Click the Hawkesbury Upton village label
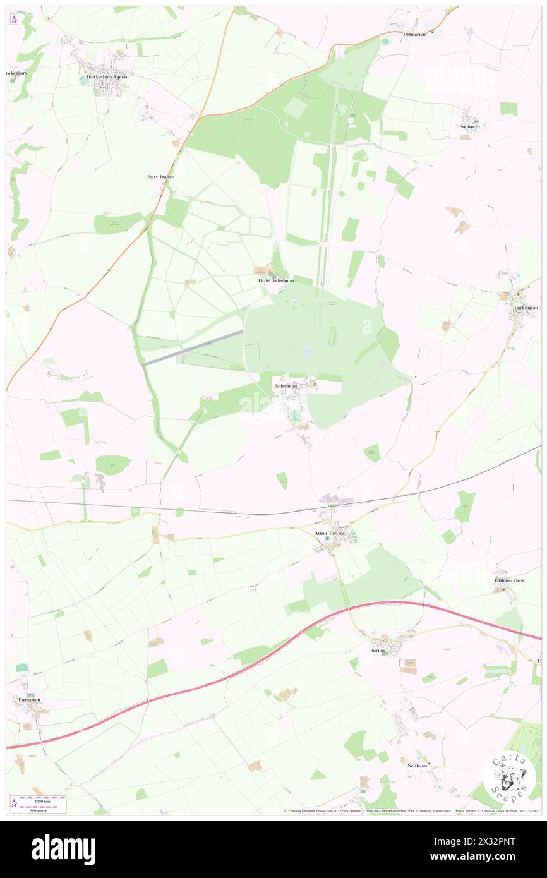[107, 77]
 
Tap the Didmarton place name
[415, 34]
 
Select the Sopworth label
[470, 126]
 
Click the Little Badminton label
[276, 280]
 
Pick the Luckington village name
[526, 308]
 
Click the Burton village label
[377, 649]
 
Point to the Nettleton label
[418, 765]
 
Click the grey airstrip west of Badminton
[193, 347]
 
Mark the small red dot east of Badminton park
[416, 378]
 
